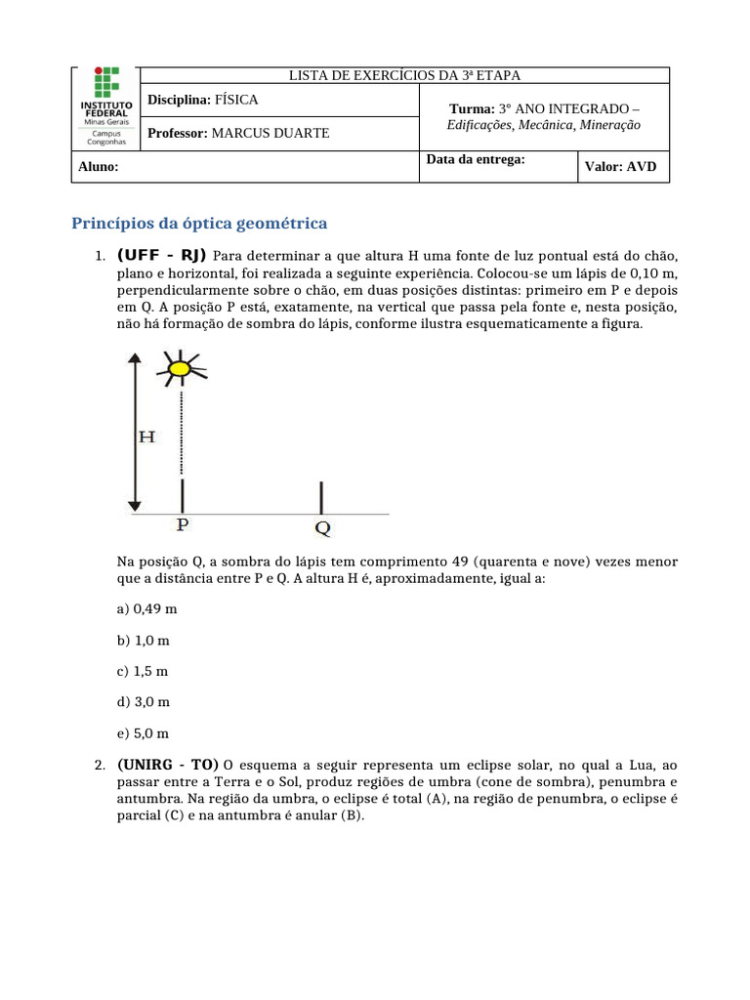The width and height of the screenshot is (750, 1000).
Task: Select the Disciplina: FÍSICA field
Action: click(203, 100)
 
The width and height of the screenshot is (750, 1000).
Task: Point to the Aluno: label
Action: click(99, 167)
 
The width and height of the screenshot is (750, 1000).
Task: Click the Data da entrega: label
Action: click(477, 159)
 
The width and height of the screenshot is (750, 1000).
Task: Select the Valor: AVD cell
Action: click(620, 167)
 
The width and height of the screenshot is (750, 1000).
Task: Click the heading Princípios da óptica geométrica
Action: click(199, 224)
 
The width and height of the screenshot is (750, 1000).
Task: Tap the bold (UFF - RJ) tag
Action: click(162, 256)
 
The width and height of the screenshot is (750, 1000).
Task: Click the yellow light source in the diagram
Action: click(180, 368)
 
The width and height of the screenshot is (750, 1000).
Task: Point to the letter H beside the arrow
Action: click(146, 437)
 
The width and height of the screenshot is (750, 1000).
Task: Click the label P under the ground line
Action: click(182, 525)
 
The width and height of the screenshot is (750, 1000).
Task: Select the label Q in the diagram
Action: click(322, 528)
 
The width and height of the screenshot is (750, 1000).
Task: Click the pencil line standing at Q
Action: click(322, 497)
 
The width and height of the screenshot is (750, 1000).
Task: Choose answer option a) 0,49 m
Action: click(146, 608)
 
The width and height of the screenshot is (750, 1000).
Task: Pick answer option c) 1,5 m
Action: click(143, 671)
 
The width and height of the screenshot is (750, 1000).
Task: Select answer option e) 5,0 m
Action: click(143, 733)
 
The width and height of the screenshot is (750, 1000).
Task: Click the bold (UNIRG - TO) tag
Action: click(168, 765)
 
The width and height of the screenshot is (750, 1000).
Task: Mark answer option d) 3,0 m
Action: click(143, 702)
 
